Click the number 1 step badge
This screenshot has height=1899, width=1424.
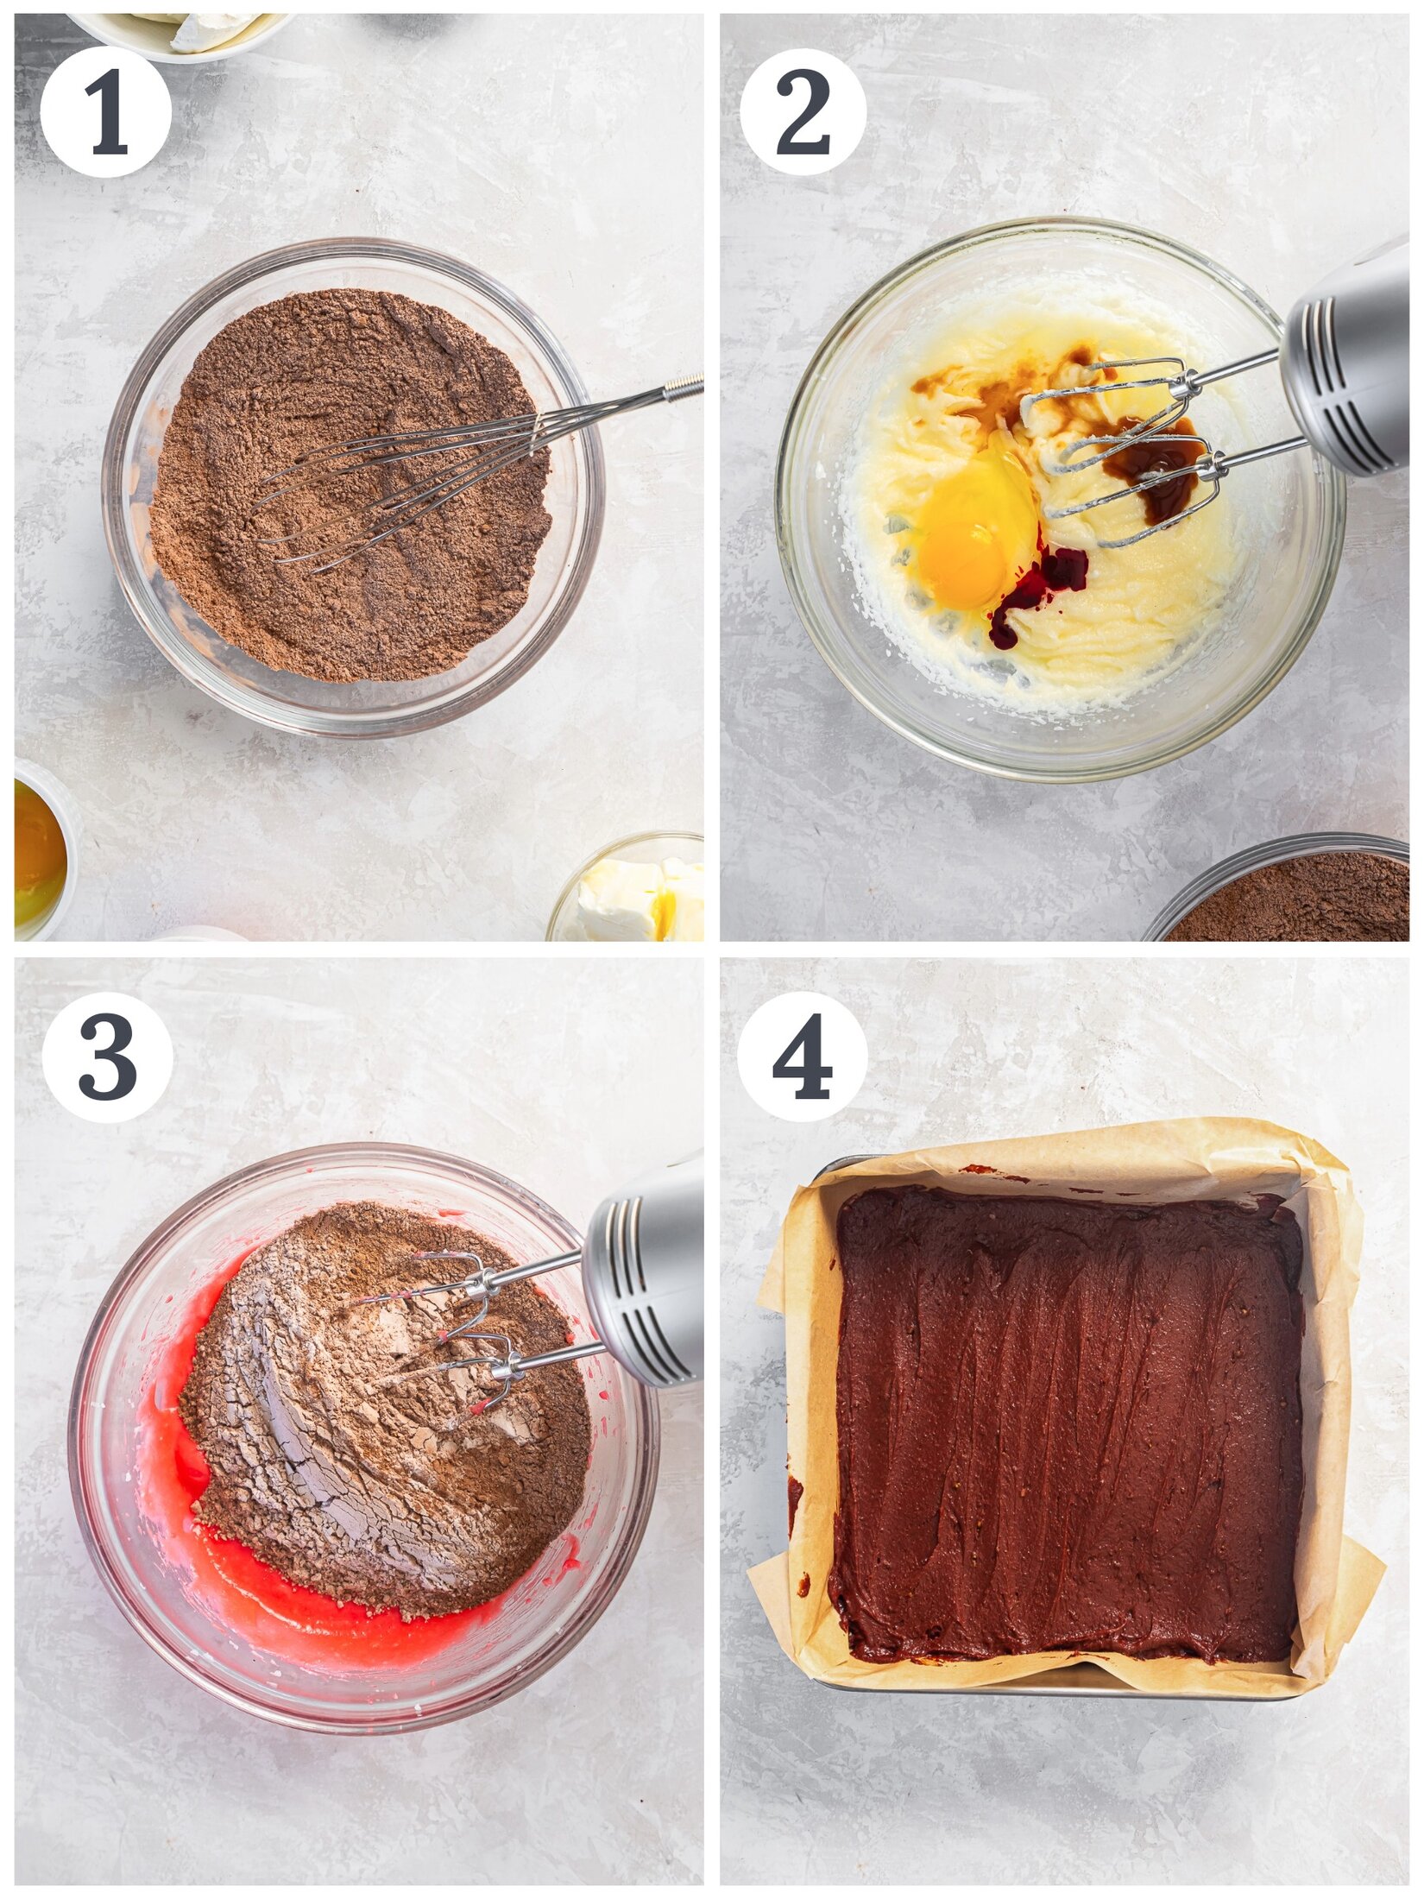[105, 112]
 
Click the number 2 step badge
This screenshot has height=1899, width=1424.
[803, 112]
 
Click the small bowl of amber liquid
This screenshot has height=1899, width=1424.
[39, 850]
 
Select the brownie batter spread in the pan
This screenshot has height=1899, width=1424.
[1066, 1416]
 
